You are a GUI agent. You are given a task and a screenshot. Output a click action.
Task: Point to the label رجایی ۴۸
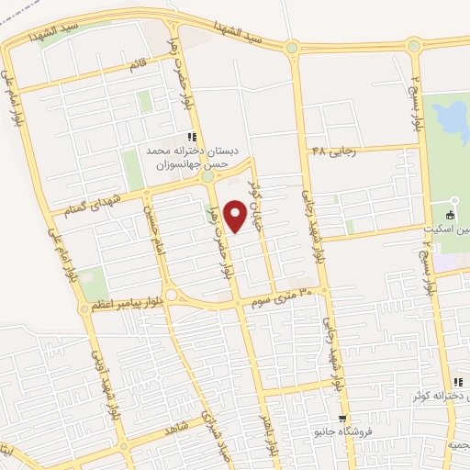pyautogui.click(x=332, y=150)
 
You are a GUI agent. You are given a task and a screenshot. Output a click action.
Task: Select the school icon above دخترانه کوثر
pyautogui.click(x=456, y=383)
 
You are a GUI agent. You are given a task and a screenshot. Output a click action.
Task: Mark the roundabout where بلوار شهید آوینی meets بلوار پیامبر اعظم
pyautogui.click(x=84, y=309)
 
